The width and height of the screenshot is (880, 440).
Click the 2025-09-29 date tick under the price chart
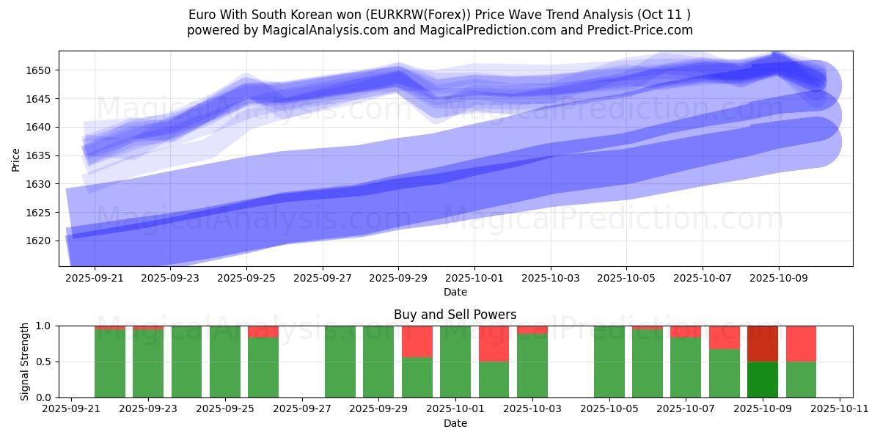pyautogui.click(x=398, y=279)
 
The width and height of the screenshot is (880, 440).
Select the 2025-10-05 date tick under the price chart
pyautogui.click(x=626, y=279)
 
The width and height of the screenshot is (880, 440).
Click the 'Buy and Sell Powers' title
pyautogui.click(x=455, y=315)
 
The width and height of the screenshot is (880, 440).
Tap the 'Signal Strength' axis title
pyautogui.click(x=24, y=362)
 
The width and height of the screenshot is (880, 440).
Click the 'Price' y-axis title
pyautogui.click(x=16, y=158)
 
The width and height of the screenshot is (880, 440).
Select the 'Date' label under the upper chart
pyautogui.click(x=455, y=292)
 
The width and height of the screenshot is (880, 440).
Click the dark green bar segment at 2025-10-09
pyautogui.click(x=763, y=379)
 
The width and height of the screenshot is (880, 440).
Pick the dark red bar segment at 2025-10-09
pyautogui.click(x=763, y=343)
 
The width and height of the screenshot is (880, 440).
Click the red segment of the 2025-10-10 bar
pyautogui.click(x=801, y=343)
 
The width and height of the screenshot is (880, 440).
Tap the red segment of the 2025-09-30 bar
pyautogui.click(x=417, y=341)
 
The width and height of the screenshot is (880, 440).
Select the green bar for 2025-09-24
pyautogui.click(x=186, y=362)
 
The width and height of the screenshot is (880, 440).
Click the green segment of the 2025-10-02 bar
pyautogui.click(x=494, y=379)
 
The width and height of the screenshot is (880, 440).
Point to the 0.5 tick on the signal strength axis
pyautogui.click(x=43, y=362)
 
